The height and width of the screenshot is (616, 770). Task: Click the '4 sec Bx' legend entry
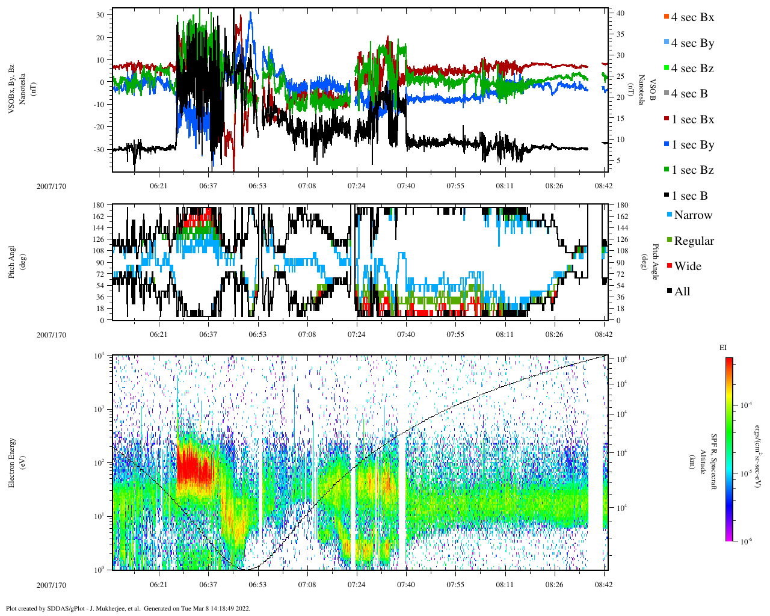click(692, 17)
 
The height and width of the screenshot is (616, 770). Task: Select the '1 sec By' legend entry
click(692, 145)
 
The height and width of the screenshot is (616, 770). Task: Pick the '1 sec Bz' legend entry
click(692, 170)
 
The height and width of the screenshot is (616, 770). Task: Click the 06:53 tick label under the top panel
click(257, 186)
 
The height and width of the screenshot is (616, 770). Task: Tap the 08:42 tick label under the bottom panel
click(604, 584)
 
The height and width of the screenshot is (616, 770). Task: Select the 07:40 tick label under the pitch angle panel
click(406, 334)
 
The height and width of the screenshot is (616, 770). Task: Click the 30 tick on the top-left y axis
click(100, 14)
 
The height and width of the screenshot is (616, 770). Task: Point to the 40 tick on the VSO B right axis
click(620, 13)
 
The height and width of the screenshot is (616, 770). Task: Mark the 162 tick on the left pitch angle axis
click(99, 217)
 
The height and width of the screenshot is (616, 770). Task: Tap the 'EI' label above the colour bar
click(723, 348)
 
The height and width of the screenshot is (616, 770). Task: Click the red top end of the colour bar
click(729, 360)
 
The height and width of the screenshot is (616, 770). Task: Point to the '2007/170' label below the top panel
click(51, 186)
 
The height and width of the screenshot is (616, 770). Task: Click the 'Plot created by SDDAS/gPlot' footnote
click(128, 608)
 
